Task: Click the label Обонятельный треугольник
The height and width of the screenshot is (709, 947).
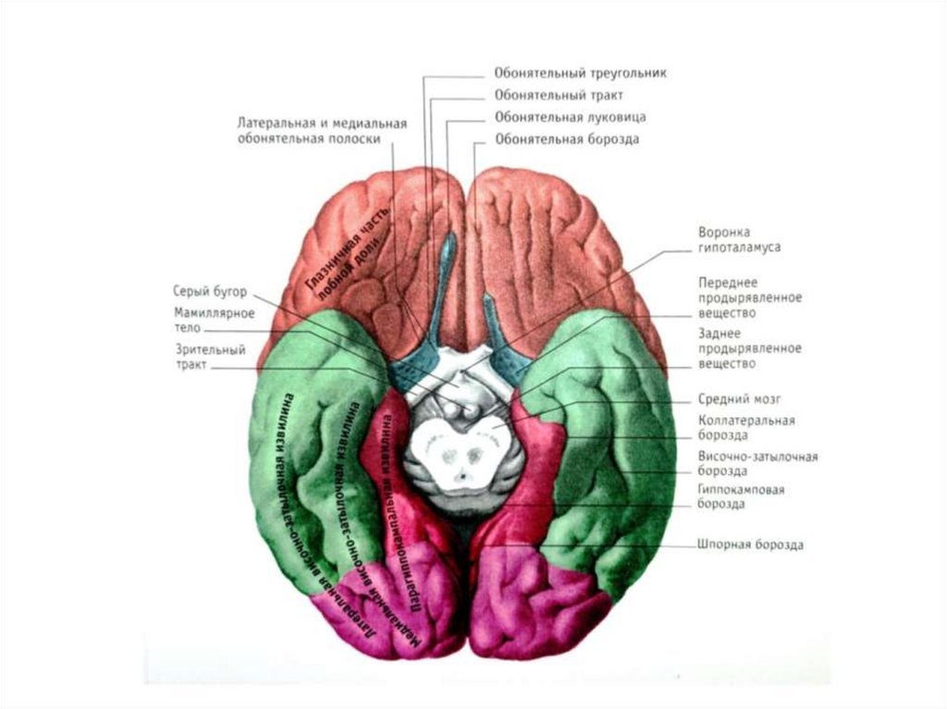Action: coord(580,72)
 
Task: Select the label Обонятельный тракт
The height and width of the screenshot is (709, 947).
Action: coord(559,94)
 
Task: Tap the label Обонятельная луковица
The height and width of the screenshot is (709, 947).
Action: coord(570,117)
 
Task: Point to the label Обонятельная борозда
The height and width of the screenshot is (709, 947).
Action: coord(567,140)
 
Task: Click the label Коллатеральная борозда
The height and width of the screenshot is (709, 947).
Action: coord(747,427)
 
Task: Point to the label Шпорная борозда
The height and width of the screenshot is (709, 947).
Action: coord(750,544)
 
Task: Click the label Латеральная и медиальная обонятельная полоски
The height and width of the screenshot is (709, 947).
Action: coord(321,129)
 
